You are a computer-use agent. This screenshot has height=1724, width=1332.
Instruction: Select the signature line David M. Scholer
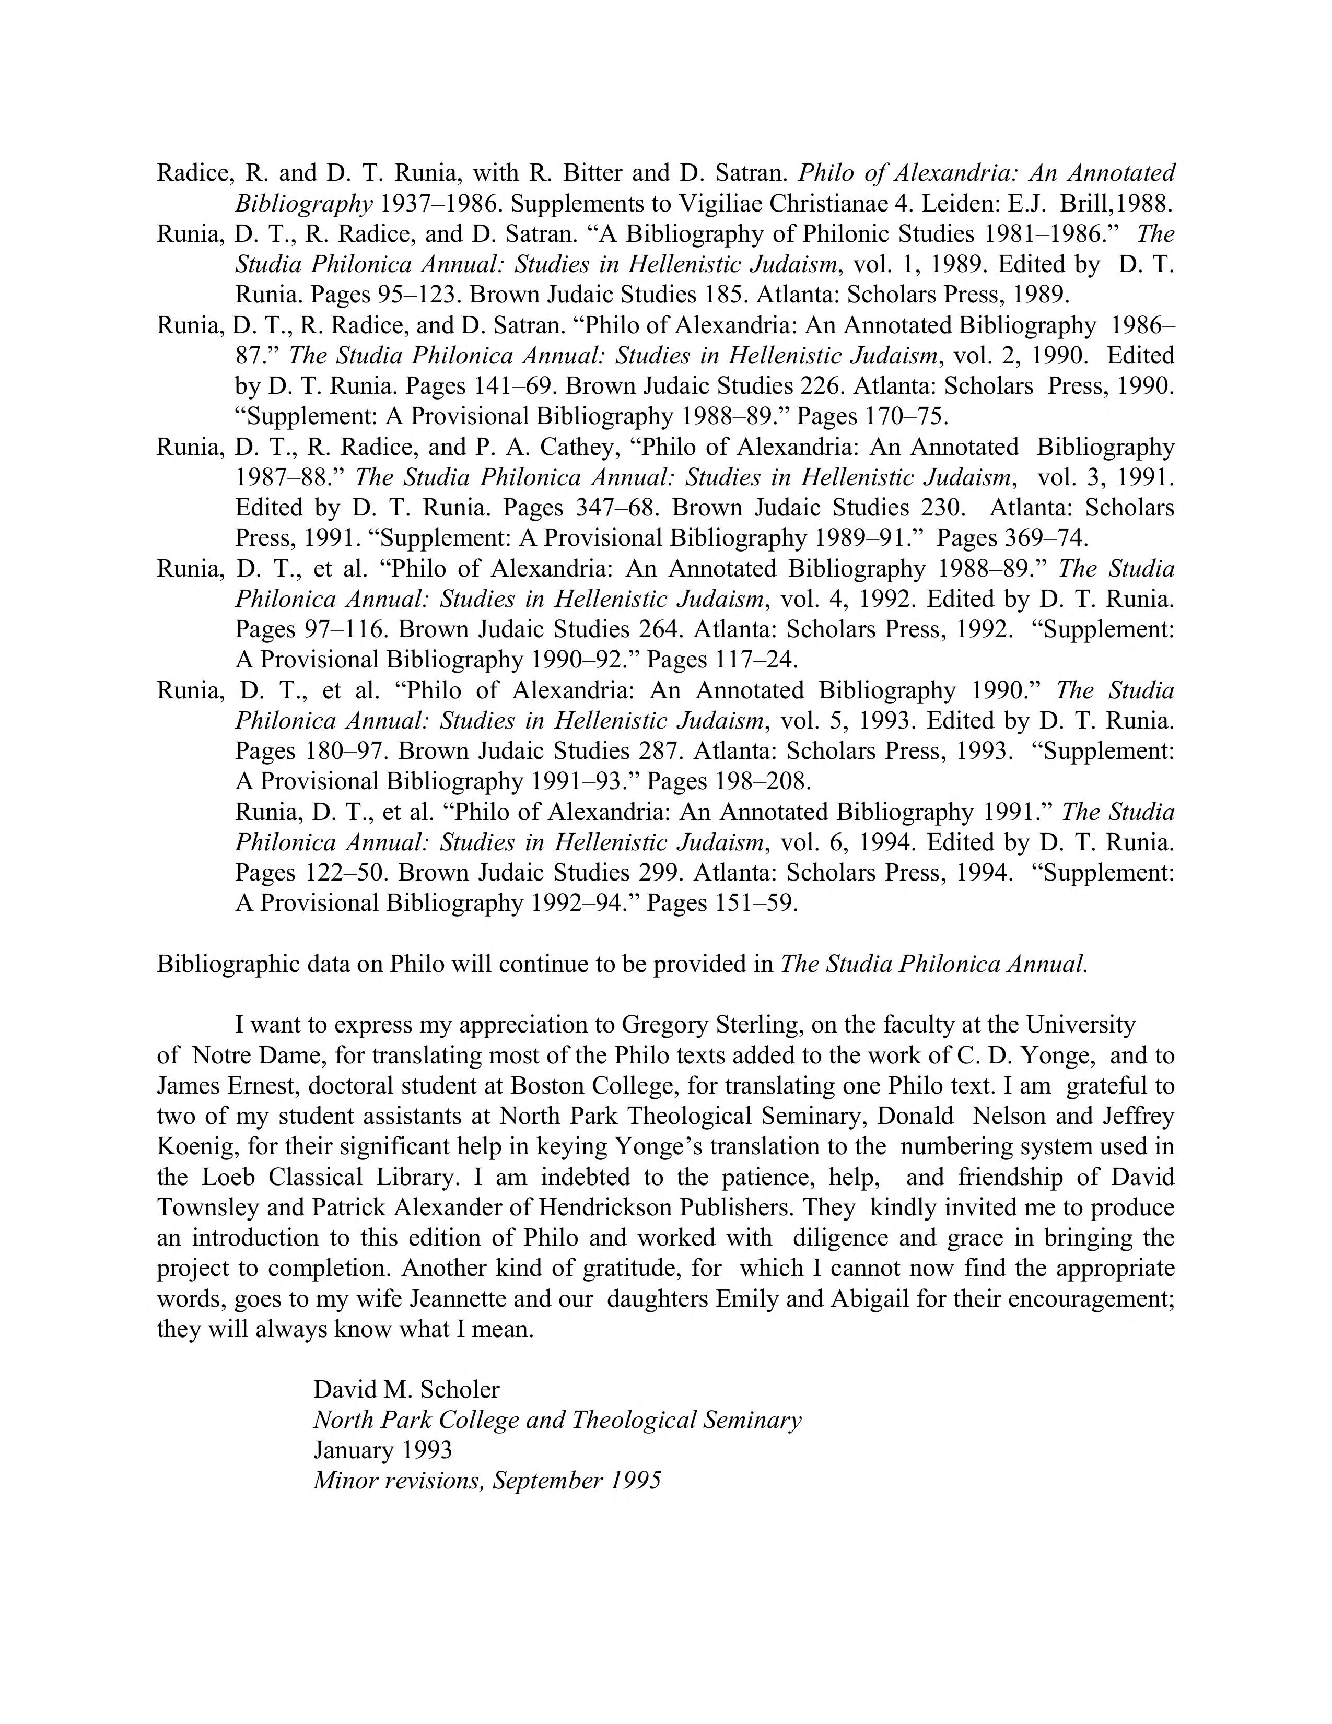[406, 1389]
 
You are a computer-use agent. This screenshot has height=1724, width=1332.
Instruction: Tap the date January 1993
[382, 1450]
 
